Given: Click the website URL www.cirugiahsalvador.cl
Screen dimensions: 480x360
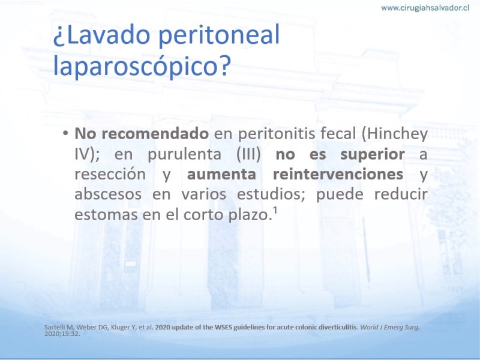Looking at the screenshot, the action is tap(425, 8).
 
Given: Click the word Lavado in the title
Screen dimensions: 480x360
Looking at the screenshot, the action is tap(106, 35).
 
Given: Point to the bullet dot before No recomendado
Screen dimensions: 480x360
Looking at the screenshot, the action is tap(65, 134).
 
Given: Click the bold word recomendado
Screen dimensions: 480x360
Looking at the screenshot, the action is tap(155, 133).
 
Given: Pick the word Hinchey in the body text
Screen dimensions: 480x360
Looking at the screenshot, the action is tap(395, 134).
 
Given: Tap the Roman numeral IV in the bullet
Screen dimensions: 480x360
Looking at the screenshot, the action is tap(82, 154).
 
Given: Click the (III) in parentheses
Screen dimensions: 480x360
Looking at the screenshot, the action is tap(248, 154).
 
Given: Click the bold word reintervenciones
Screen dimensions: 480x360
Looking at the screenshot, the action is tap(338, 174).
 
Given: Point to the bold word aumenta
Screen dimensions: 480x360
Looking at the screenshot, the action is tap(221, 175).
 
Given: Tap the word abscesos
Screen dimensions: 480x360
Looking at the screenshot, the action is tap(108, 194).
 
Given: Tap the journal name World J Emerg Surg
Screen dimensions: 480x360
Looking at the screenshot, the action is tap(389, 327).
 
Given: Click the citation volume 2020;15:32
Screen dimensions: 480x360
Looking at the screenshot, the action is tap(62, 334).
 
